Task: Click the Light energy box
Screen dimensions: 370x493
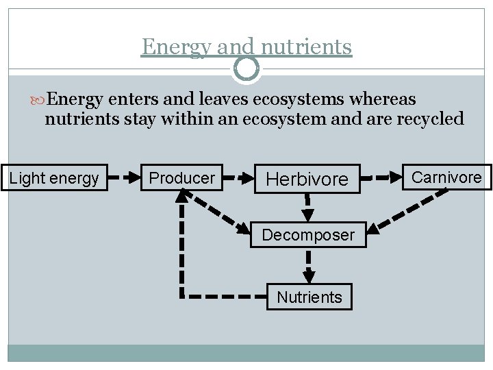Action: [54, 178]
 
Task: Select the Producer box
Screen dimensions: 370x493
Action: [181, 178]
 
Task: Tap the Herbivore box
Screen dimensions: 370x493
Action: [307, 179]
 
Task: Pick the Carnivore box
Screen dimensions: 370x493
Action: [446, 177]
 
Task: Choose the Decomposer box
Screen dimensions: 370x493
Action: [308, 235]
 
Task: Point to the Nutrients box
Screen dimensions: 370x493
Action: [309, 297]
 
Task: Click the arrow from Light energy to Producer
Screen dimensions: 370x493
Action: [124, 178]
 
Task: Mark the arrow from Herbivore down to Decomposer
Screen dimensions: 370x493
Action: [307, 208]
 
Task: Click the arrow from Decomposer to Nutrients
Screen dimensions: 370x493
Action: [309, 265]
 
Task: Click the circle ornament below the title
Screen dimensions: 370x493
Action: [246, 68]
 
